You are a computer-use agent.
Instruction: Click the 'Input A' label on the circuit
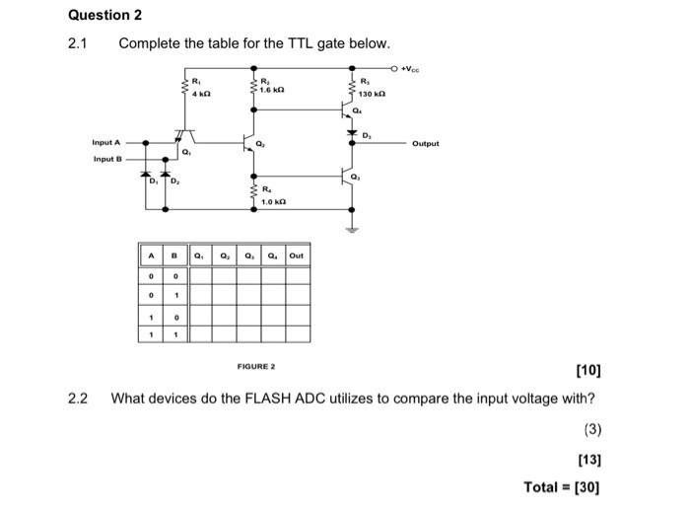(x=106, y=143)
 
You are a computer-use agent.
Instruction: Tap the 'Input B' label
(x=106, y=158)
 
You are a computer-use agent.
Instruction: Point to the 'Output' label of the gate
(x=426, y=143)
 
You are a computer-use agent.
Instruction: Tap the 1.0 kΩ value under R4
(x=275, y=201)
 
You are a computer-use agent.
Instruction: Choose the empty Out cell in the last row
(x=297, y=333)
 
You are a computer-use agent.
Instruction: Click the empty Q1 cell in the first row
(x=201, y=276)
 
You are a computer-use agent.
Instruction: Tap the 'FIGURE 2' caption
(x=256, y=366)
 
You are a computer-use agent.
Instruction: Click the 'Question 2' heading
(x=105, y=15)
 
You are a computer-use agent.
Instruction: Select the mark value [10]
(x=586, y=371)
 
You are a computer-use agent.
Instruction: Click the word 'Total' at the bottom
(x=543, y=486)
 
